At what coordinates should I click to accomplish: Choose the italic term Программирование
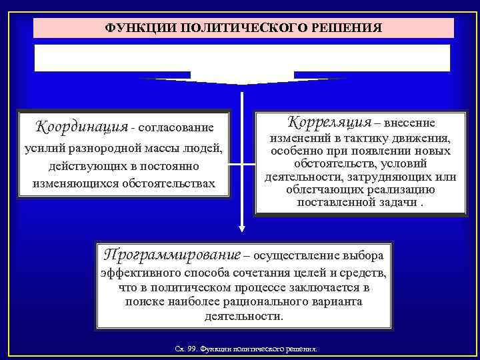pos(169,255)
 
